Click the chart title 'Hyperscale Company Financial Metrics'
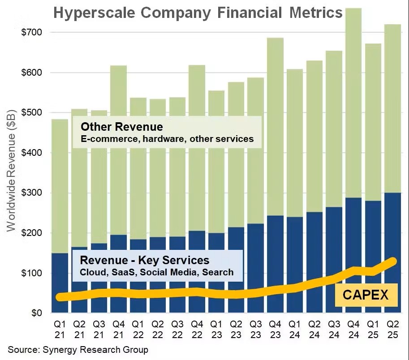[198, 13]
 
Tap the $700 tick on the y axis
[33, 32]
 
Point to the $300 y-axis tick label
[33, 193]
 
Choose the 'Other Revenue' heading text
[121, 127]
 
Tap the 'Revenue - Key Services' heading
[144, 260]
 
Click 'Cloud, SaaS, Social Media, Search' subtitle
[156, 272]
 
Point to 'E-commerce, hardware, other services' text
[167, 139]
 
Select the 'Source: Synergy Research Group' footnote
[77, 349]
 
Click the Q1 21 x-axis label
[60, 329]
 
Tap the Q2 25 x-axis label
[393, 329]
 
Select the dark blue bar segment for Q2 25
[393, 224]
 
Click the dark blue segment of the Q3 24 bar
[334, 242]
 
